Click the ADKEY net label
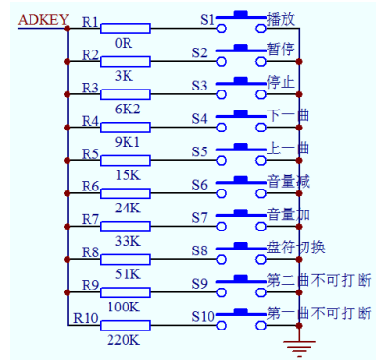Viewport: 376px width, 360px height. tap(36, 18)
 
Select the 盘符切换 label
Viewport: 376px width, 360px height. tap(295, 247)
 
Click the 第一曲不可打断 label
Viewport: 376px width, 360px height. tap(318, 312)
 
